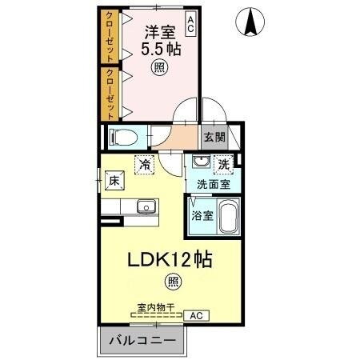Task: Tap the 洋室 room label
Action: pyautogui.click(x=159, y=33)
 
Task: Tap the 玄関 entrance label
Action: pyautogui.click(x=214, y=137)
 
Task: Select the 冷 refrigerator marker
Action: pyautogui.click(x=146, y=163)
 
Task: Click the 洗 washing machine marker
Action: pyautogui.click(x=226, y=163)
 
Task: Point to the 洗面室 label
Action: pyautogui.click(x=214, y=184)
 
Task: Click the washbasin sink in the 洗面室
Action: pyautogui.click(x=198, y=164)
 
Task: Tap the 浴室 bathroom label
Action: pyautogui.click(x=202, y=216)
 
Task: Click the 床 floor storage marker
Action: pyautogui.click(x=114, y=181)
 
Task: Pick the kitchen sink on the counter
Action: pyautogui.click(x=145, y=207)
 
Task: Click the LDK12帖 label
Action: pyautogui.click(x=170, y=261)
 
